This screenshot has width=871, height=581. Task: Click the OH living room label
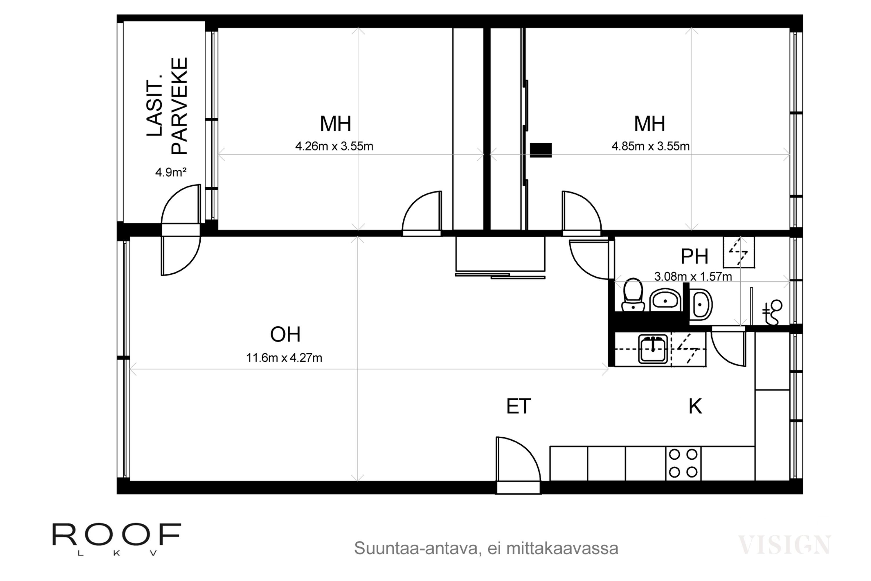pyautogui.click(x=285, y=334)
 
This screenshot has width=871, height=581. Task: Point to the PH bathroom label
pyautogui.click(x=694, y=257)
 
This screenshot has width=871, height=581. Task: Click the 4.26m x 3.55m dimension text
pyautogui.click(x=334, y=146)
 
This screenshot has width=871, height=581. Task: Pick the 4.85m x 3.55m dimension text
pyautogui.click(x=650, y=146)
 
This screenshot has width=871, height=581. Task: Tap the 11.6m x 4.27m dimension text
pyautogui.click(x=284, y=358)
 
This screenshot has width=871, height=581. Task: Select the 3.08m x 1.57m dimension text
pyautogui.click(x=693, y=277)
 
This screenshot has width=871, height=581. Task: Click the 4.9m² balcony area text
pyautogui.click(x=171, y=172)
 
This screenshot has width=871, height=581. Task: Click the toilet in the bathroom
pyautogui.click(x=633, y=295)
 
